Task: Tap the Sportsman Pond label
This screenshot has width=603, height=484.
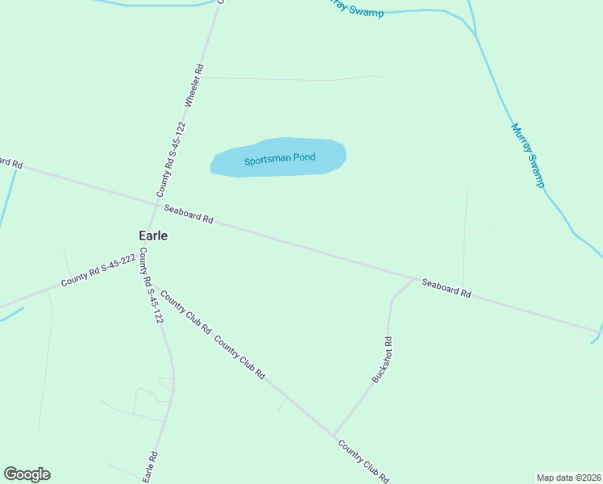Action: pos(280,159)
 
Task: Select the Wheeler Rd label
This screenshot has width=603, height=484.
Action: pos(195,86)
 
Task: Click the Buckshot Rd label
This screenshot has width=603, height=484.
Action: pos(382,359)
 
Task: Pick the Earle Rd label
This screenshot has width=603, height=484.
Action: pos(150,466)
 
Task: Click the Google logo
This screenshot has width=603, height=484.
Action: pos(27,474)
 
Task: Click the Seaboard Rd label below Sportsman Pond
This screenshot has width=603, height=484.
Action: pos(188,214)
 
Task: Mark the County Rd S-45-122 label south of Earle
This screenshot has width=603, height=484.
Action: pos(151,286)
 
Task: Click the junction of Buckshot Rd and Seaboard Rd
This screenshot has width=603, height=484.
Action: pos(414,279)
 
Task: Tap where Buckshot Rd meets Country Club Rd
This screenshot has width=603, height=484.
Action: pos(334,436)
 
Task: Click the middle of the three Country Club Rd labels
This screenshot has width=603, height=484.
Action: pos(239,357)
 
